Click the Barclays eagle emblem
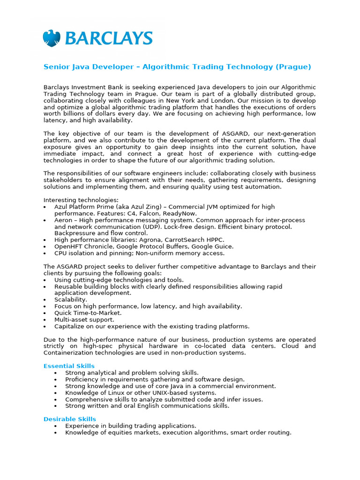click(x=52, y=38)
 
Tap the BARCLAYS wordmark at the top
click(x=108, y=38)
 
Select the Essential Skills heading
click(x=69, y=366)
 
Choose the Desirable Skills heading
click(x=70, y=419)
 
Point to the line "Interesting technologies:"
click(x=81, y=200)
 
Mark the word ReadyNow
click(x=180, y=213)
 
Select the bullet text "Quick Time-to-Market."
click(x=88, y=313)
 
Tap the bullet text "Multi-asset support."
click(x=84, y=320)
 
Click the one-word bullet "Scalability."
click(x=71, y=300)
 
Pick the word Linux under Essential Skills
click(x=114, y=393)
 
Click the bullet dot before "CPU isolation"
click(x=45, y=254)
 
